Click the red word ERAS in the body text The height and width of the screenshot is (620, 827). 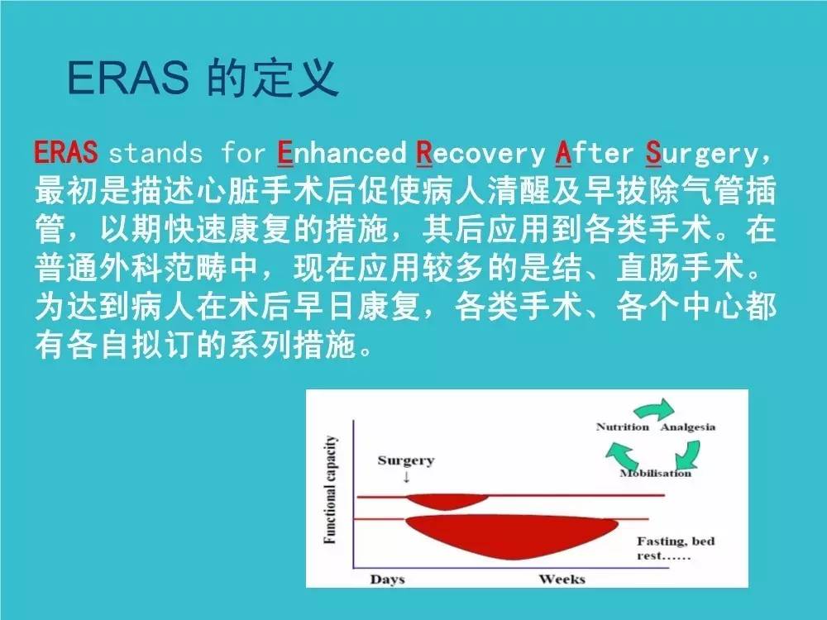tap(66, 153)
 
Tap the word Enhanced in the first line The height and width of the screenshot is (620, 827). tap(341, 153)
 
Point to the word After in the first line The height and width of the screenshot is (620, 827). tap(594, 153)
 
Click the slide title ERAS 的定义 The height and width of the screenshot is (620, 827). tap(203, 79)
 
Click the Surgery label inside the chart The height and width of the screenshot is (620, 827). tap(405, 460)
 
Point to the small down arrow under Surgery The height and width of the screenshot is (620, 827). tap(406, 477)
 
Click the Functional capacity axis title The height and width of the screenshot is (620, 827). tap(330, 490)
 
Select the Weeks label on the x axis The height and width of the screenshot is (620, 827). tap(562, 579)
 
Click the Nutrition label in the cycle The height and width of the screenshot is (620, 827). tap(622, 427)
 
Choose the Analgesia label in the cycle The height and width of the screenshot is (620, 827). tap(687, 427)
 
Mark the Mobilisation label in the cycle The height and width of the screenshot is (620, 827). tap(655, 473)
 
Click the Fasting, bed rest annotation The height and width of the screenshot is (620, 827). tap(675, 548)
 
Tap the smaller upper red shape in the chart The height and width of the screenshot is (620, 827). tap(438, 500)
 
